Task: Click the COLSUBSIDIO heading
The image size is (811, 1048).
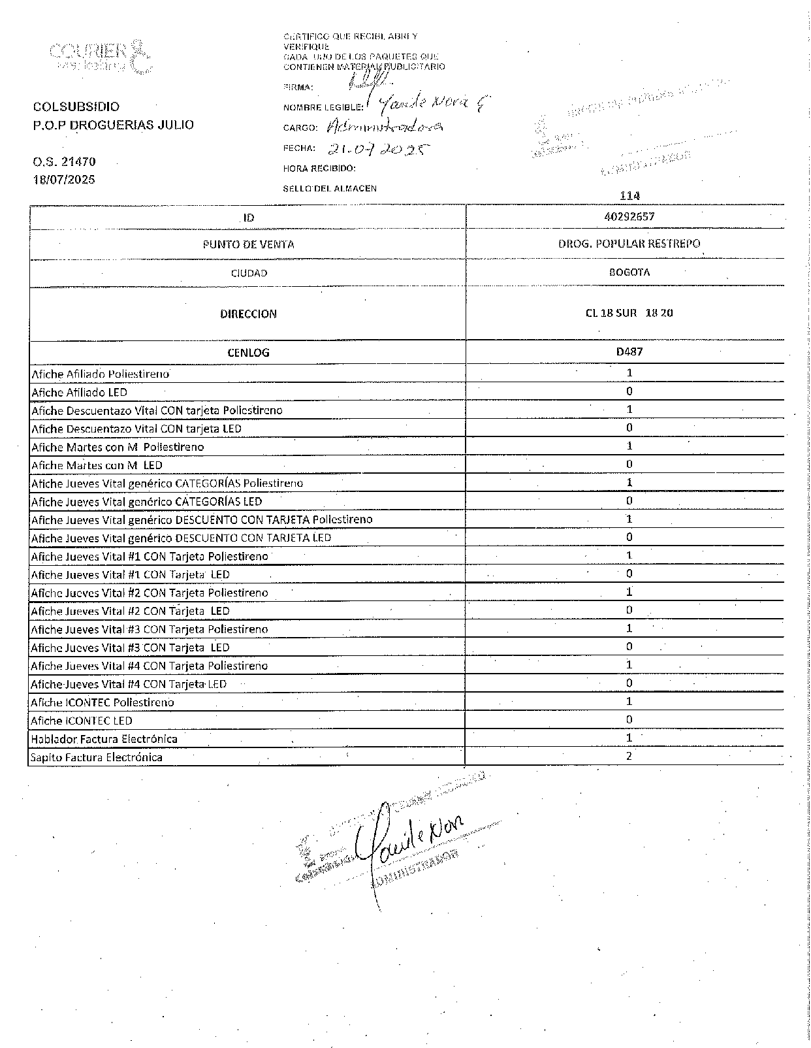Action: [76, 106]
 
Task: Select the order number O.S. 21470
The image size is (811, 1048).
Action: [65, 161]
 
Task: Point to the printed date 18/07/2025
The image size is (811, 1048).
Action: [64, 180]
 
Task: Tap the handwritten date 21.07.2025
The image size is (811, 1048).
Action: [379, 149]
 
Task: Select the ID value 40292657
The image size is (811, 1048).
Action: [629, 216]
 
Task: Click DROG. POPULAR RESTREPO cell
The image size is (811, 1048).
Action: [629, 244]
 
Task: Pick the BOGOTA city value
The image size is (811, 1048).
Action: [629, 272]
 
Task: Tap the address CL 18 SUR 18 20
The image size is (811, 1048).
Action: [629, 313]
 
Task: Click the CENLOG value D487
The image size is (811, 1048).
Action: [629, 352]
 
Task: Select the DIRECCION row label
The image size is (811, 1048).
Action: [248, 314]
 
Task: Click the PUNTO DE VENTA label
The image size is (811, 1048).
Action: [248, 245]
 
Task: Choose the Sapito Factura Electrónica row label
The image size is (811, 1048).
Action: [97, 758]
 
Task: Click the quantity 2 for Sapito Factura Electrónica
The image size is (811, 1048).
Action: [629, 756]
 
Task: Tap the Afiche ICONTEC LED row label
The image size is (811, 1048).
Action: [82, 721]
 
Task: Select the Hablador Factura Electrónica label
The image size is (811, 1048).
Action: [104, 739]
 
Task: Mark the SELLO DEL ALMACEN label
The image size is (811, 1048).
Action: [330, 188]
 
